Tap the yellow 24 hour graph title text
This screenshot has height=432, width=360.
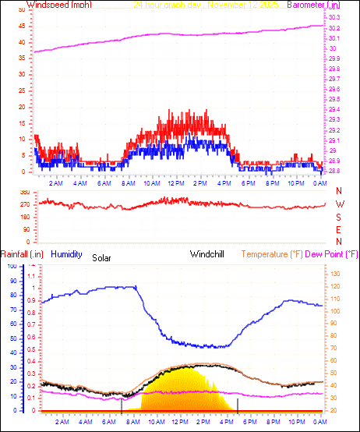coord(206,5)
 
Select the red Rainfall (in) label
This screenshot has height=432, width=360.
coord(21,254)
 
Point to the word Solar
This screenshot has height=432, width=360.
coord(102,257)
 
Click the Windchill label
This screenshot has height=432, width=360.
coord(208,254)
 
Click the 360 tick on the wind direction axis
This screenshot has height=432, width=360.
coord(24,192)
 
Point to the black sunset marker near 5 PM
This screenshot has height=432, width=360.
coord(238,404)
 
